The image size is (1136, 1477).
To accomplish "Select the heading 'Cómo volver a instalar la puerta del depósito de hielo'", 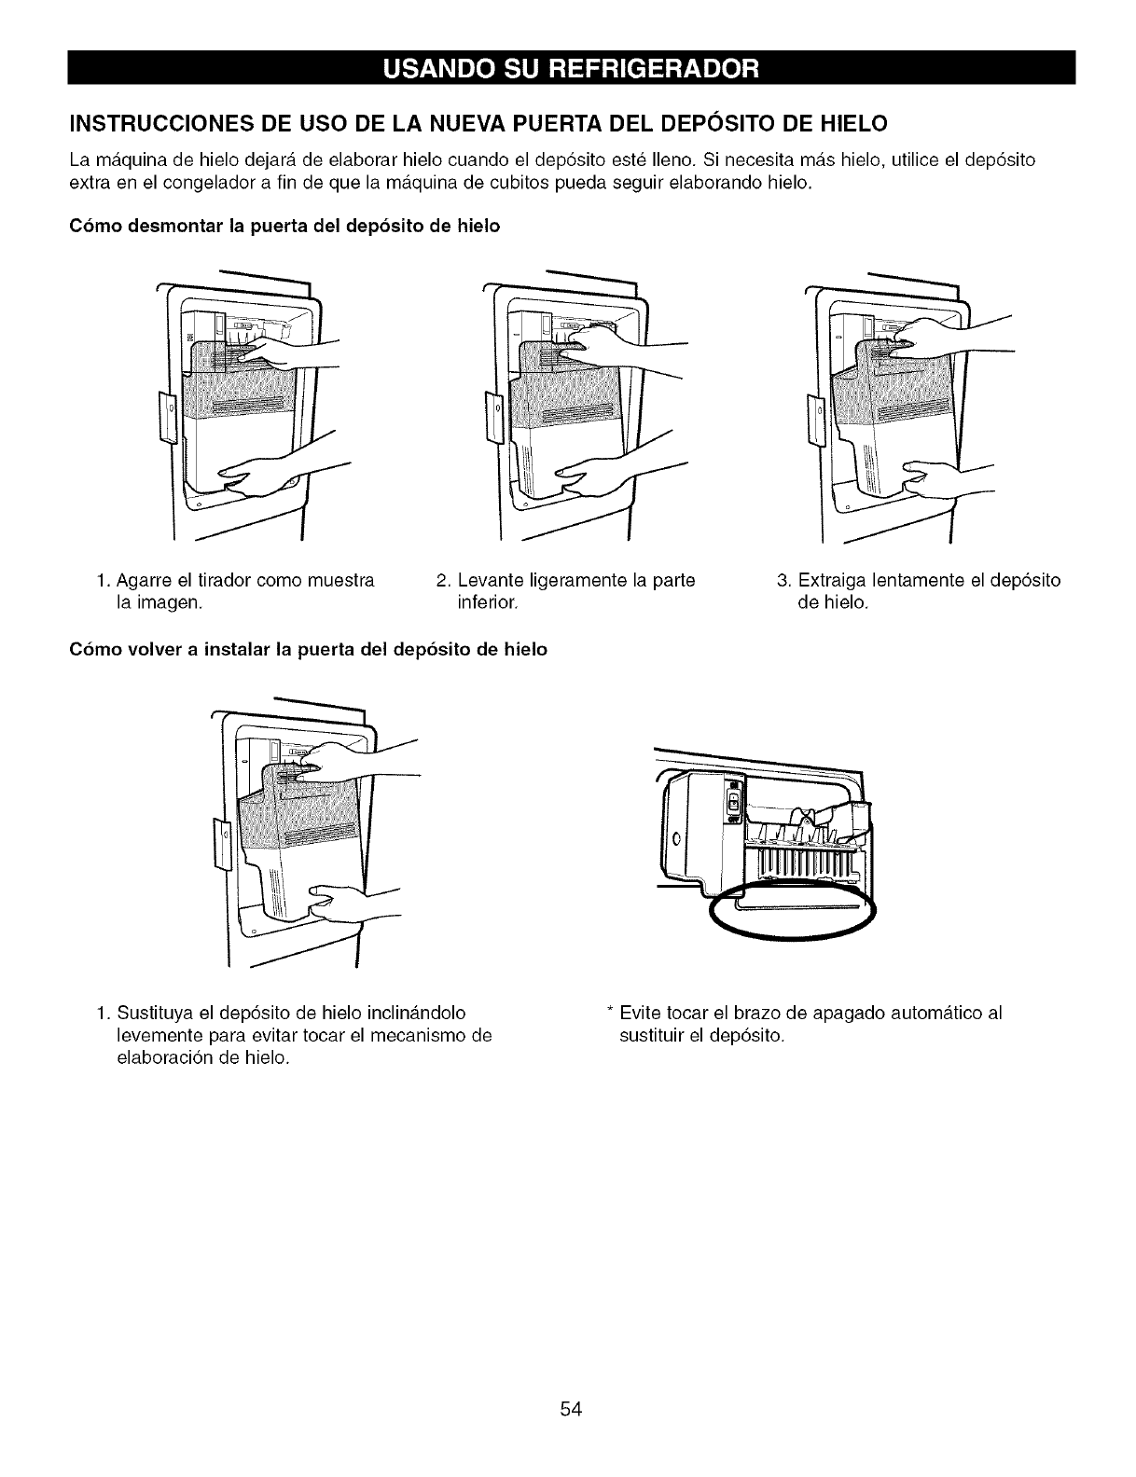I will point(308,649).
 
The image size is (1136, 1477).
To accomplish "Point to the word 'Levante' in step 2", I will point(486,580).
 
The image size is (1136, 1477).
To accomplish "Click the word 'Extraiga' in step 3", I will point(825,580).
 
